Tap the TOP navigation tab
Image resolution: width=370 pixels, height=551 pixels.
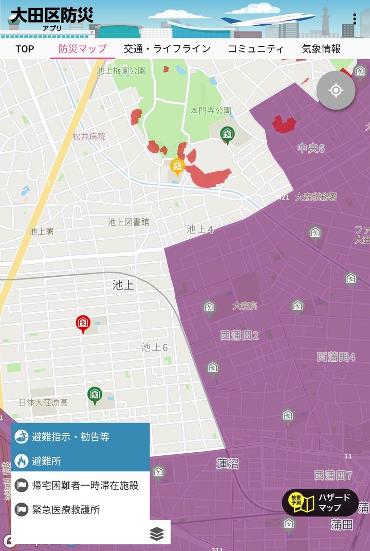coord(25,49)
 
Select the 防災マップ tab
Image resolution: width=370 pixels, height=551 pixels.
coord(82,49)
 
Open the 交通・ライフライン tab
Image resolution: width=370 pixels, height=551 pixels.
coord(167,49)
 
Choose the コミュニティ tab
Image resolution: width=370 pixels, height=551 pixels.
coord(256,49)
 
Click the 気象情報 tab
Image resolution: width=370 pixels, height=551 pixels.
coord(321,49)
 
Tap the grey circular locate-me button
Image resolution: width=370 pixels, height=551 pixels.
coord(336,91)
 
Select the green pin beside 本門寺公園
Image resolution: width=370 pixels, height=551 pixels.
coord(227,134)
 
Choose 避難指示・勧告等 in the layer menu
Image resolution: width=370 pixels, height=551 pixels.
coord(81,437)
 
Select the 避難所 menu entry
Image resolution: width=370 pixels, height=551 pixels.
coord(81,461)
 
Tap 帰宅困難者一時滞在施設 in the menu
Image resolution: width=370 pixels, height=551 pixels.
coord(81,485)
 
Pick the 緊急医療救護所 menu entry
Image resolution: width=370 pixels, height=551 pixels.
coord(81,510)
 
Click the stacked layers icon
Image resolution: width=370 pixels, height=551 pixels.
coord(157,534)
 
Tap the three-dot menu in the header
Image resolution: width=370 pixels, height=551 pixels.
coord(355,19)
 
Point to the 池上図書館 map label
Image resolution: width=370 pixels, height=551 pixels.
coord(128,222)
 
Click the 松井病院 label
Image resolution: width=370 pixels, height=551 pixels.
coord(89,137)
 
